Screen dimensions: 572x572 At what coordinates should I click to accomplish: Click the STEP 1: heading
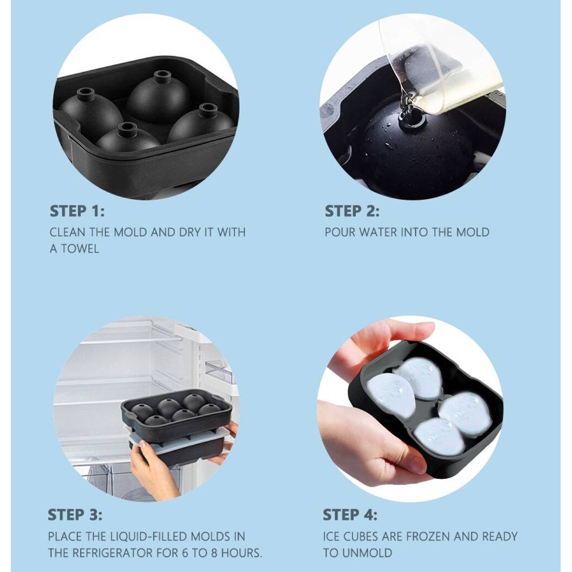pyautogui.click(x=77, y=211)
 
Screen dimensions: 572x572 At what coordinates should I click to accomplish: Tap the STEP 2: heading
pyautogui.click(x=352, y=211)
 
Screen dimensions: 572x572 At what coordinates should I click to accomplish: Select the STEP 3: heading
pyautogui.click(x=75, y=515)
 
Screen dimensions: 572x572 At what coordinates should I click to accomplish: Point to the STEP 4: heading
pyautogui.click(x=350, y=515)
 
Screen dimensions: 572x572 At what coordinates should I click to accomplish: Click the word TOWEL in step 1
pyautogui.click(x=80, y=249)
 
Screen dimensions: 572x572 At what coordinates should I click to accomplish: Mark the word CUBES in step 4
pyautogui.click(x=359, y=537)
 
